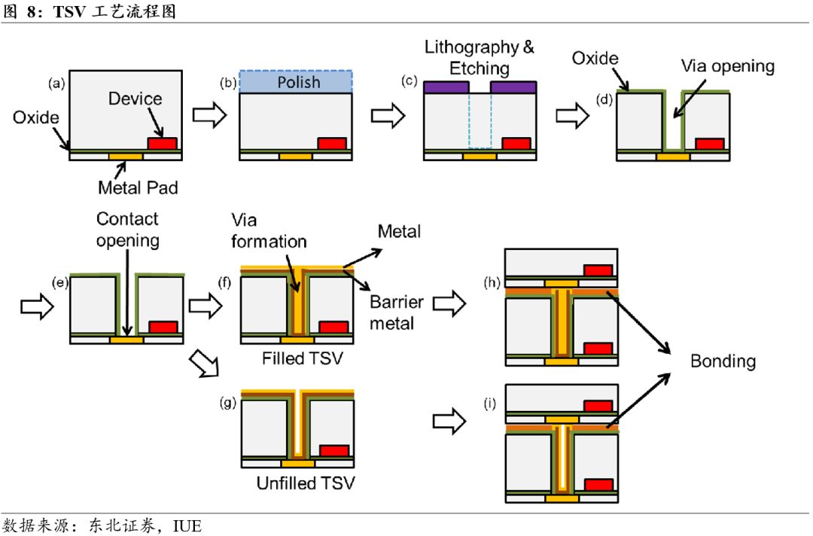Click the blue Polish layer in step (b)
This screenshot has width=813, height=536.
click(296, 81)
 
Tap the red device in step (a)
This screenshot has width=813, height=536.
click(162, 143)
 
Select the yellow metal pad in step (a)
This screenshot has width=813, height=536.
click(126, 156)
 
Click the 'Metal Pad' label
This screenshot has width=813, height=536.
click(138, 187)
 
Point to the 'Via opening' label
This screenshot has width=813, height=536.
click(727, 66)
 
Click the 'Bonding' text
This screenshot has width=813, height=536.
click(723, 361)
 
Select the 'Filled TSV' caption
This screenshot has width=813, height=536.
click(302, 358)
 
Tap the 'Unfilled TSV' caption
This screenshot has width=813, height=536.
click(305, 483)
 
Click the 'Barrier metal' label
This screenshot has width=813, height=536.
click(397, 312)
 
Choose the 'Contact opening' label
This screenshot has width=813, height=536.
click(127, 230)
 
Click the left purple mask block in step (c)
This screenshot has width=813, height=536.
click(446, 87)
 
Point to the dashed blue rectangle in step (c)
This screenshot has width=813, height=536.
click(480, 120)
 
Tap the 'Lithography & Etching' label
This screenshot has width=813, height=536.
click(479, 57)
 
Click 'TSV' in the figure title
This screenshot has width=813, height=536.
click(69, 11)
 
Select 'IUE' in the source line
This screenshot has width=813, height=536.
click(187, 525)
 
